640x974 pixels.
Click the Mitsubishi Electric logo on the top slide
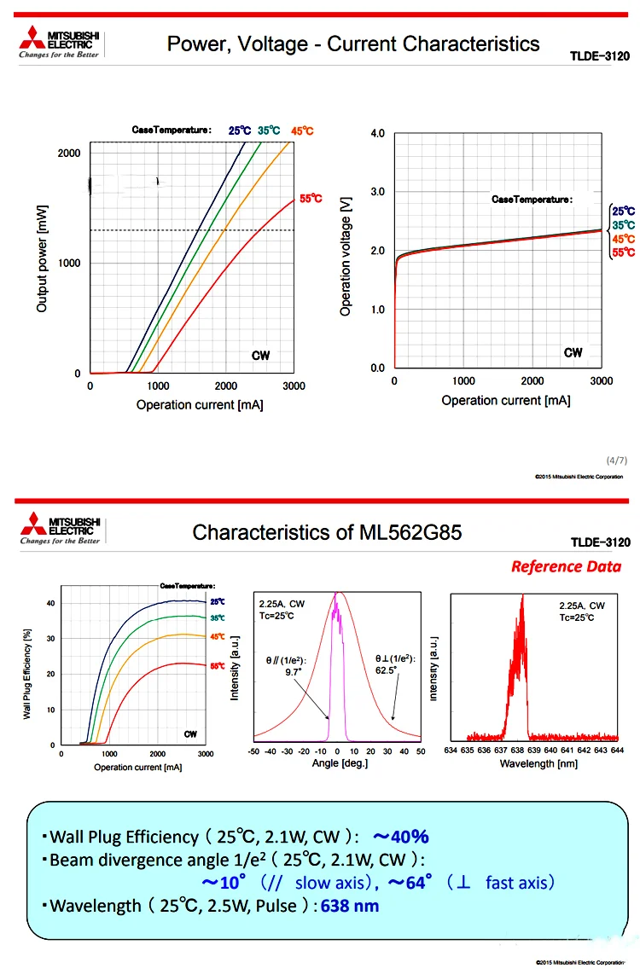(59, 43)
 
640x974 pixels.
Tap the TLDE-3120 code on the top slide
(600, 57)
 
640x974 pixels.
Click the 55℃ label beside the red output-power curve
(311, 199)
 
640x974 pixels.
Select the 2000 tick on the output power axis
(70, 153)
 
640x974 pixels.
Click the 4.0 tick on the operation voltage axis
(377, 134)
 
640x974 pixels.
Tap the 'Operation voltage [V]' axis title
(346, 252)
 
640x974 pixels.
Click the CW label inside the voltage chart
(573, 353)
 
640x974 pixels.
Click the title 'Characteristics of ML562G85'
(327, 533)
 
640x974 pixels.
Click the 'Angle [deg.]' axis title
(337, 763)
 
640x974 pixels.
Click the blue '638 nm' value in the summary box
(350, 906)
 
